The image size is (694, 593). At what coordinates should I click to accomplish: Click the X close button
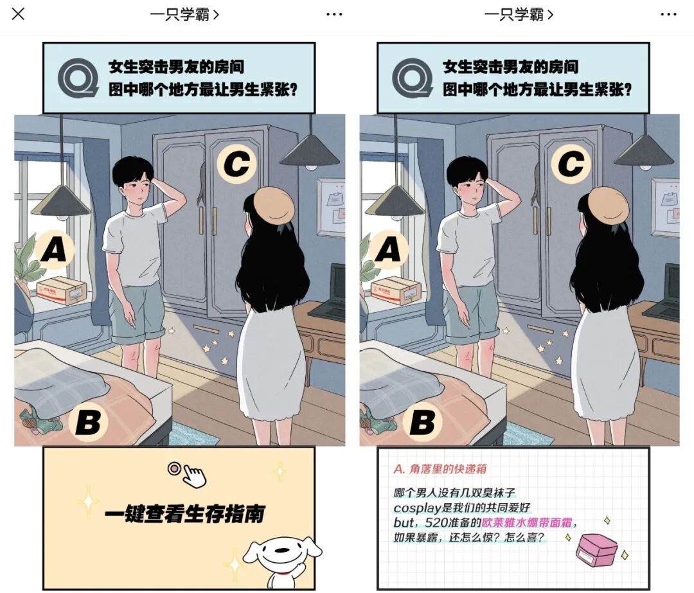pyautogui.click(x=18, y=14)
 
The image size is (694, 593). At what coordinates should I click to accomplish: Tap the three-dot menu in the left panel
pyautogui.click(x=334, y=15)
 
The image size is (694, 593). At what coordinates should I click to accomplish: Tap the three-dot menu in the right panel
pyautogui.click(x=668, y=15)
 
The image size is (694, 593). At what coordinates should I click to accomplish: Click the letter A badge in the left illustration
pyautogui.click(x=55, y=249)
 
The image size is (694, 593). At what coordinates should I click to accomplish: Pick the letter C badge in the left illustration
pyautogui.click(x=236, y=164)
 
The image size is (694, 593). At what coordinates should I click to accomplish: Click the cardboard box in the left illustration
pyautogui.click(x=62, y=290)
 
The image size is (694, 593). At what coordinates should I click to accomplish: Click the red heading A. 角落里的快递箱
pyautogui.click(x=440, y=469)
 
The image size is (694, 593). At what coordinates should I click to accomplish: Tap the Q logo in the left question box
pyautogui.click(x=78, y=78)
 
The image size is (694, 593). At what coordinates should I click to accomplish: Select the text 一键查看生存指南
pyautogui.click(x=184, y=514)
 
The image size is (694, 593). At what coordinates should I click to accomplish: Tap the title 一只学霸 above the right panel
pyautogui.click(x=514, y=15)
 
